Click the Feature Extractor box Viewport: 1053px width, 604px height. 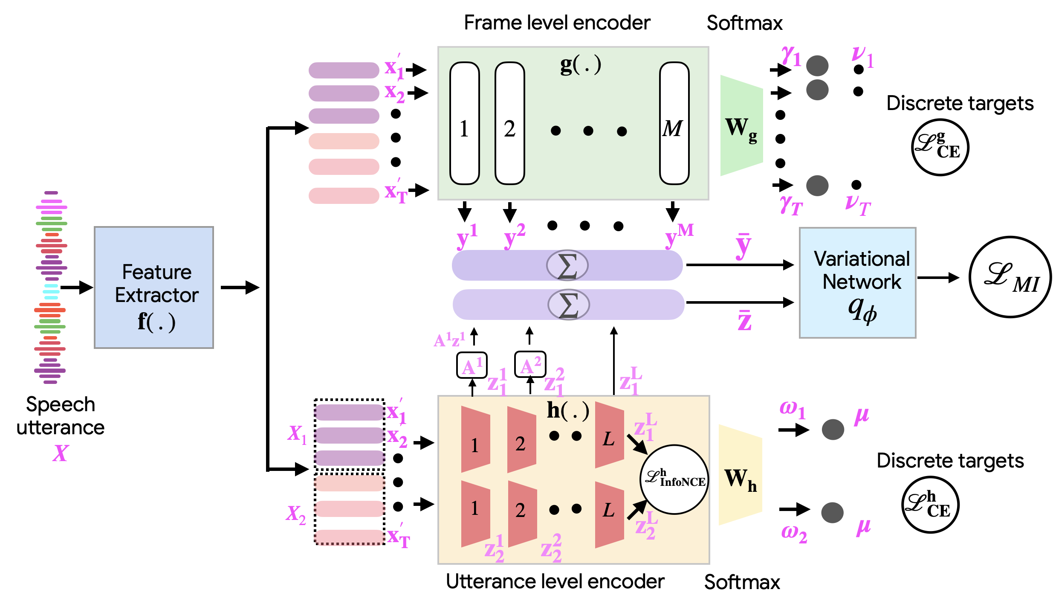[153, 287]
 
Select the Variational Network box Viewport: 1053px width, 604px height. [857, 282]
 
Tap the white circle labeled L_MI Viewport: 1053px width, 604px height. [1010, 277]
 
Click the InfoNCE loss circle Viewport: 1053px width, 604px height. [674, 479]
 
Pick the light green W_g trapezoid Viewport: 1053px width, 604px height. [741, 126]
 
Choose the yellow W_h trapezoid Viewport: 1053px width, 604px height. [740, 475]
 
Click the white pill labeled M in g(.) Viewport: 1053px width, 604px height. [674, 123]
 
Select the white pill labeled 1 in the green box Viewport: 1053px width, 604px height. [464, 123]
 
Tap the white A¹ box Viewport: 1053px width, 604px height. [472, 365]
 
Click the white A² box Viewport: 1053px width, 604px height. [530, 364]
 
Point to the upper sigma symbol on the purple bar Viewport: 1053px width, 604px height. [567, 265]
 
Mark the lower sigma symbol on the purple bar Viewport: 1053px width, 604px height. [568, 305]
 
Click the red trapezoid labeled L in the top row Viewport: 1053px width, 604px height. [609, 435]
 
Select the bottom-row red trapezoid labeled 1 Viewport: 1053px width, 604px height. [475, 514]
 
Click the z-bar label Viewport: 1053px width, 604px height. [744, 320]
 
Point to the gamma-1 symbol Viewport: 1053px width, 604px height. [791, 55]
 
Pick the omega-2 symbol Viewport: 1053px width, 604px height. [794, 533]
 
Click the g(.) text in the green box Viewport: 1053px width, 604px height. [580, 65]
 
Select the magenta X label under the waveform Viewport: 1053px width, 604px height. [60, 453]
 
